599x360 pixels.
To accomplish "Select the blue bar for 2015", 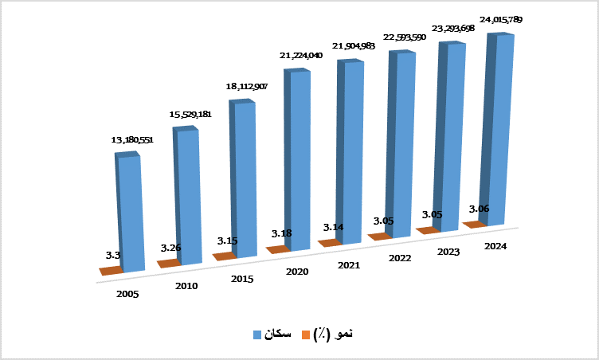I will click(245, 179).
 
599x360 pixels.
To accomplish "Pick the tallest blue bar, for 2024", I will click(500, 131).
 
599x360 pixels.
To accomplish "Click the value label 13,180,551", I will click(132, 140).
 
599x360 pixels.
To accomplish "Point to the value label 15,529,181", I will click(190, 115).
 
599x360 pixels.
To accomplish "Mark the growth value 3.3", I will click(112, 256).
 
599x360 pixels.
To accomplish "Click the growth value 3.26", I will click(170, 248).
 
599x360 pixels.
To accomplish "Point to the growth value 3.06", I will click(479, 209).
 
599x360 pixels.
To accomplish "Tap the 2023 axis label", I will click(449, 252).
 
